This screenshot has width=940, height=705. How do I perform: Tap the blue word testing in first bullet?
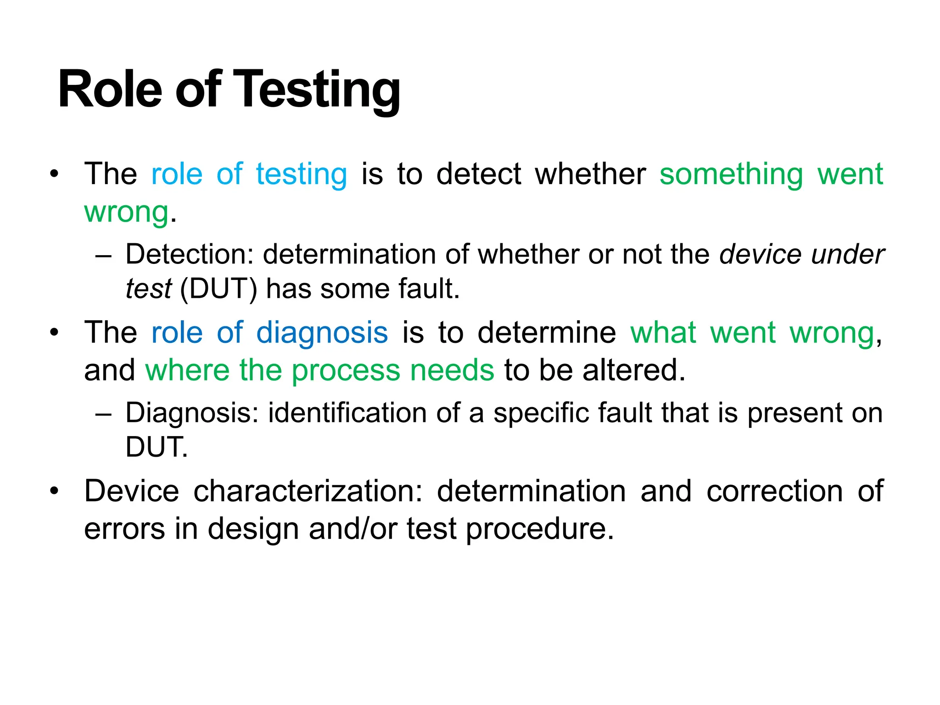click(x=302, y=175)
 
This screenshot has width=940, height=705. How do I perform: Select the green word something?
click(x=731, y=175)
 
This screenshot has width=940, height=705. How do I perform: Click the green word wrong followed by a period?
click(x=126, y=213)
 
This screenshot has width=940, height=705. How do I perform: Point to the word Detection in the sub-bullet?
click(x=189, y=254)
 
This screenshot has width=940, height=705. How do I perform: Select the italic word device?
click(x=760, y=254)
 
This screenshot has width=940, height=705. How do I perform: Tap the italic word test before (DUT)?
click(x=148, y=289)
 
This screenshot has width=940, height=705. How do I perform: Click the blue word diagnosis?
click(x=322, y=333)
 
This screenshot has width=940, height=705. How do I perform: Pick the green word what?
click(x=663, y=333)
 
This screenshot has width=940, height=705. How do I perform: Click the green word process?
click(x=346, y=370)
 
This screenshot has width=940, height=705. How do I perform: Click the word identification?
click(x=347, y=413)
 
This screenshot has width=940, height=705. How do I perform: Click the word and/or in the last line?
click(x=353, y=529)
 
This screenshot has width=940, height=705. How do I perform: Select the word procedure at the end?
click(x=539, y=530)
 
